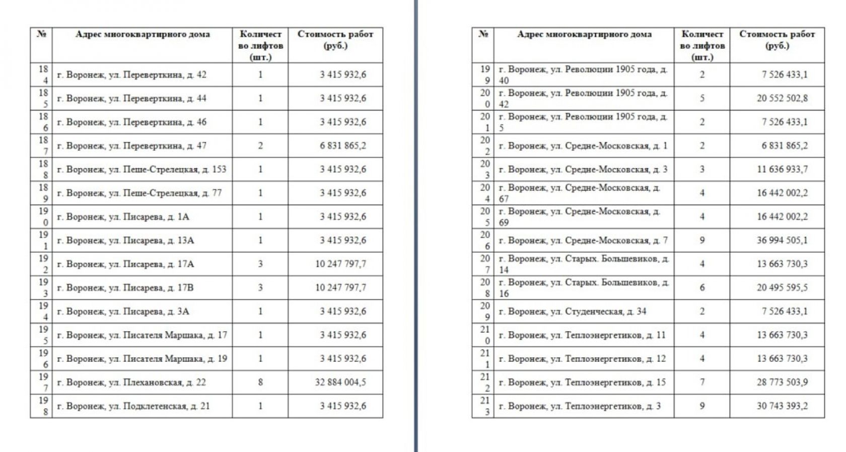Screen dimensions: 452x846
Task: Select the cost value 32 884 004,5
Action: pos(340,383)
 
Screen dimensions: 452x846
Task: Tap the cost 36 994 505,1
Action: pos(782,241)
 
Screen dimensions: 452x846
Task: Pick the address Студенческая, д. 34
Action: pos(572,312)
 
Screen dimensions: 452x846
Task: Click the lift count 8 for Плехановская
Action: pos(260,383)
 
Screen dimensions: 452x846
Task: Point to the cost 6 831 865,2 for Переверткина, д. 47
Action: pos(342,146)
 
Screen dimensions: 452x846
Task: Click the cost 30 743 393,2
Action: pos(782,406)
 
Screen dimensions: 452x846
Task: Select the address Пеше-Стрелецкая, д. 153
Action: pos(142,170)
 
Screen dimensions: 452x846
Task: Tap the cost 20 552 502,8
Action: pos(782,99)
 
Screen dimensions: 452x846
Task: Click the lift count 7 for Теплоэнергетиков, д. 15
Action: pos(702,383)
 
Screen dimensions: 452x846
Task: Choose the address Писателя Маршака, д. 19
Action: pos(142,359)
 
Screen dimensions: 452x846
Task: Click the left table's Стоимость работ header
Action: pos(335,40)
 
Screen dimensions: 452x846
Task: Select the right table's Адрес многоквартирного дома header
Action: pos(584,34)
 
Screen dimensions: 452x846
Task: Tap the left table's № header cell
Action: pos(41,34)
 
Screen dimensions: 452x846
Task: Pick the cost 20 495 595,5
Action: pos(782,288)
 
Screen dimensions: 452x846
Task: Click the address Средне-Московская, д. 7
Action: pos(583,241)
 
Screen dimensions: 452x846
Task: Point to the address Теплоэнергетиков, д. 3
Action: pos(579,406)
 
